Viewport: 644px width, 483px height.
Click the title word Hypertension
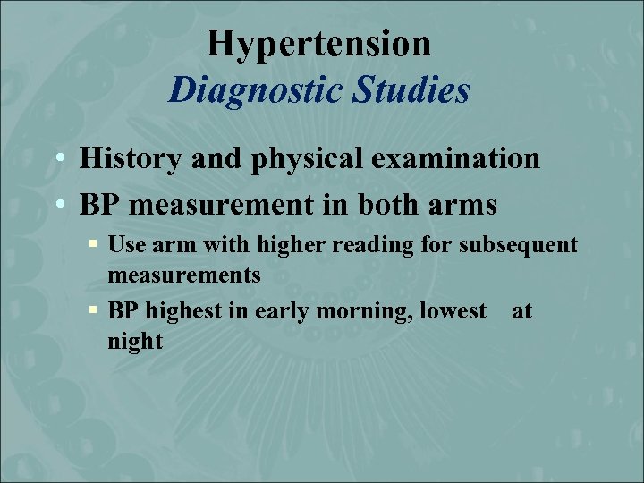point(318,43)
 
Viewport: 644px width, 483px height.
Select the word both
point(384,205)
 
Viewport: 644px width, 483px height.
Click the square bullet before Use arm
point(95,243)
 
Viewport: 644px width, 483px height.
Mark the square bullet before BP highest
point(95,310)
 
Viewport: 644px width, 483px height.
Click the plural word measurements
point(184,275)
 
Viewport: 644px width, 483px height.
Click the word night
point(136,342)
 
